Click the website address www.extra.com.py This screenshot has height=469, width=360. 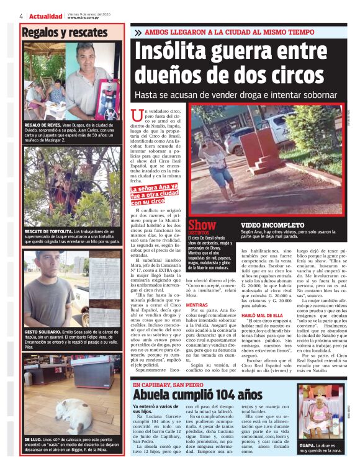[81, 18]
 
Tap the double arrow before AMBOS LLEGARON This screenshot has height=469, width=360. [137, 32]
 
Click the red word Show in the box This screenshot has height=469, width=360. [202, 225]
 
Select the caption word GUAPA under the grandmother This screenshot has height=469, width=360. [310, 445]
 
